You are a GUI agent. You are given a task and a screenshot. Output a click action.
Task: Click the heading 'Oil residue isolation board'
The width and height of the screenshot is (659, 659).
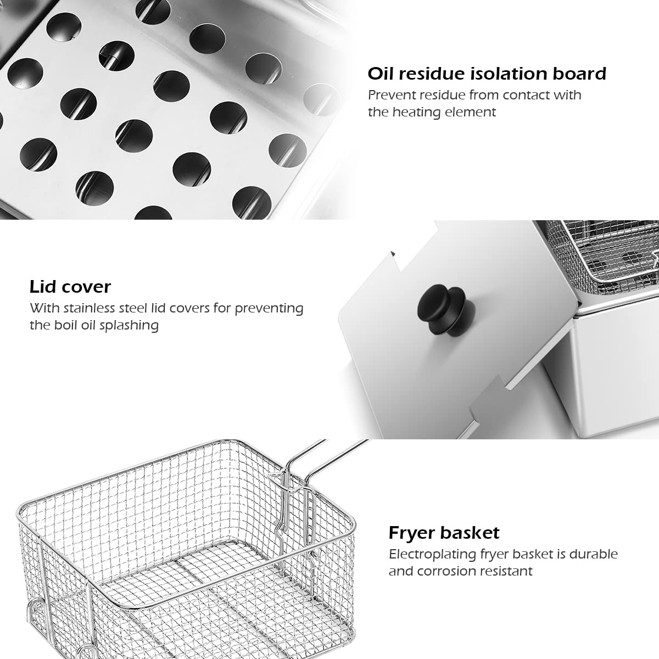(487, 74)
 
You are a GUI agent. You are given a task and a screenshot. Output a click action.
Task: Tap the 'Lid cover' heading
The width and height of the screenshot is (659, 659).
(70, 287)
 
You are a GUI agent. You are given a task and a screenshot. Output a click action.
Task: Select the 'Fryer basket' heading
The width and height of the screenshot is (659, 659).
(444, 533)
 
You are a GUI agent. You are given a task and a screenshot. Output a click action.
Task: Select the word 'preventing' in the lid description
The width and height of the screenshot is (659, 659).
(269, 308)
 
